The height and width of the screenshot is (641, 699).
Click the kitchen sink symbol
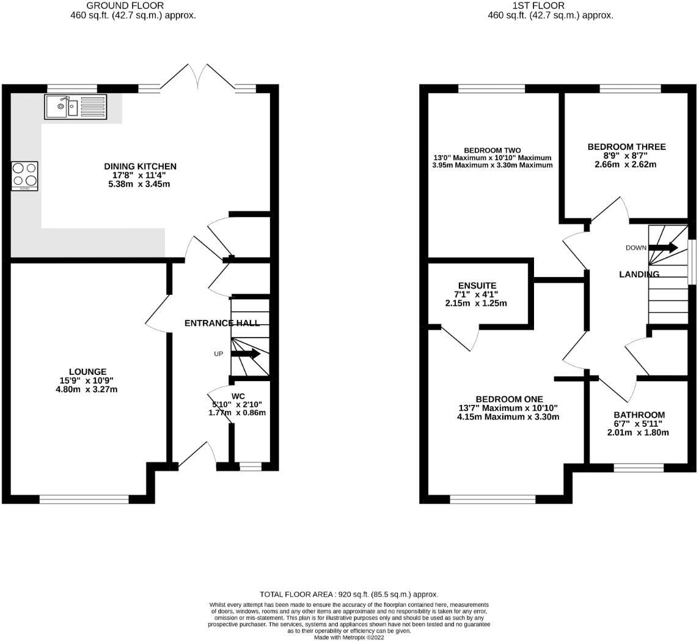[x=75, y=106]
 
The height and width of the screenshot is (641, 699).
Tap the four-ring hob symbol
[x=24, y=176]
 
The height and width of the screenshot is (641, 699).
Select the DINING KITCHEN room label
[x=140, y=166]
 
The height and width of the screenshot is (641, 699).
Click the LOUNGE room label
[x=87, y=371]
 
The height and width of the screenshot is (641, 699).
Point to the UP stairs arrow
[x=246, y=354]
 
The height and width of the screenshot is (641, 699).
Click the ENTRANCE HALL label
[x=222, y=323]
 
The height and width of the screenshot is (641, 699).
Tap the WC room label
[x=238, y=396]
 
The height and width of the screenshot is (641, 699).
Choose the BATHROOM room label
[x=639, y=415]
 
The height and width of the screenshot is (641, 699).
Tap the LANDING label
[x=639, y=275]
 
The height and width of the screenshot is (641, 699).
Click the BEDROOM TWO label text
[x=492, y=150]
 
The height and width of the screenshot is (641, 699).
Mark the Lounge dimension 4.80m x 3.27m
[x=86, y=389]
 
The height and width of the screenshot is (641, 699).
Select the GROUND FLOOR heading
[x=133, y=6]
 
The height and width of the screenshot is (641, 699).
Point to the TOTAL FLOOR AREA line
[x=349, y=594]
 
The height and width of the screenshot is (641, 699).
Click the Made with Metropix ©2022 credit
[x=349, y=637]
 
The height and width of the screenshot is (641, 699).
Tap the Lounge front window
[x=84, y=500]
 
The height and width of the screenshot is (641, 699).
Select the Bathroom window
[x=639, y=468]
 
